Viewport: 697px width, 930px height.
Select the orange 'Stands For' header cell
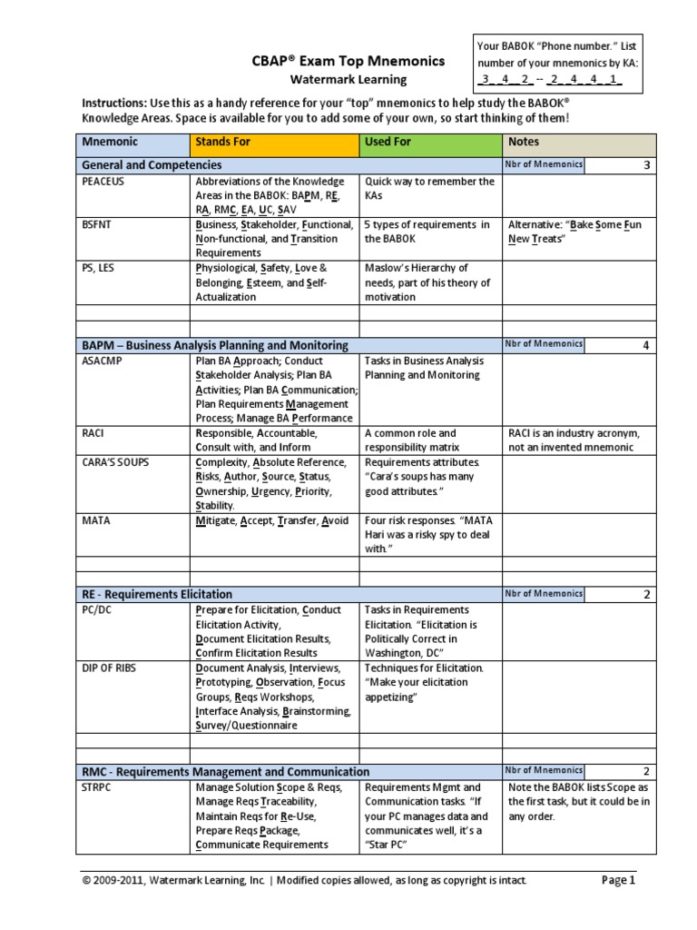pyautogui.click(x=222, y=142)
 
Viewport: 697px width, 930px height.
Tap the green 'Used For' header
pyautogui.click(x=388, y=142)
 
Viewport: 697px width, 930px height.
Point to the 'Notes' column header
pyautogui.click(x=524, y=142)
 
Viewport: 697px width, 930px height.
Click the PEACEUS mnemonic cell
pyautogui.click(x=104, y=182)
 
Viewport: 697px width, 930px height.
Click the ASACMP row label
pyautogui.click(x=103, y=361)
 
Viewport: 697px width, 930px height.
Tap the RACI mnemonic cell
pyautogui.click(x=95, y=433)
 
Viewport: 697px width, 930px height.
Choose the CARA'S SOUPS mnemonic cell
pyautogui.click(x=115, y=462)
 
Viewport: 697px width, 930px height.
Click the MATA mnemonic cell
pyautogui.click(x=96, y=520)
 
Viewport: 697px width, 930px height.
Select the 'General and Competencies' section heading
pyautogui.click(x=152, y=165)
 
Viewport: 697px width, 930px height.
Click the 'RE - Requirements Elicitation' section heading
pyautogui.click(x=157, y=594)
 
